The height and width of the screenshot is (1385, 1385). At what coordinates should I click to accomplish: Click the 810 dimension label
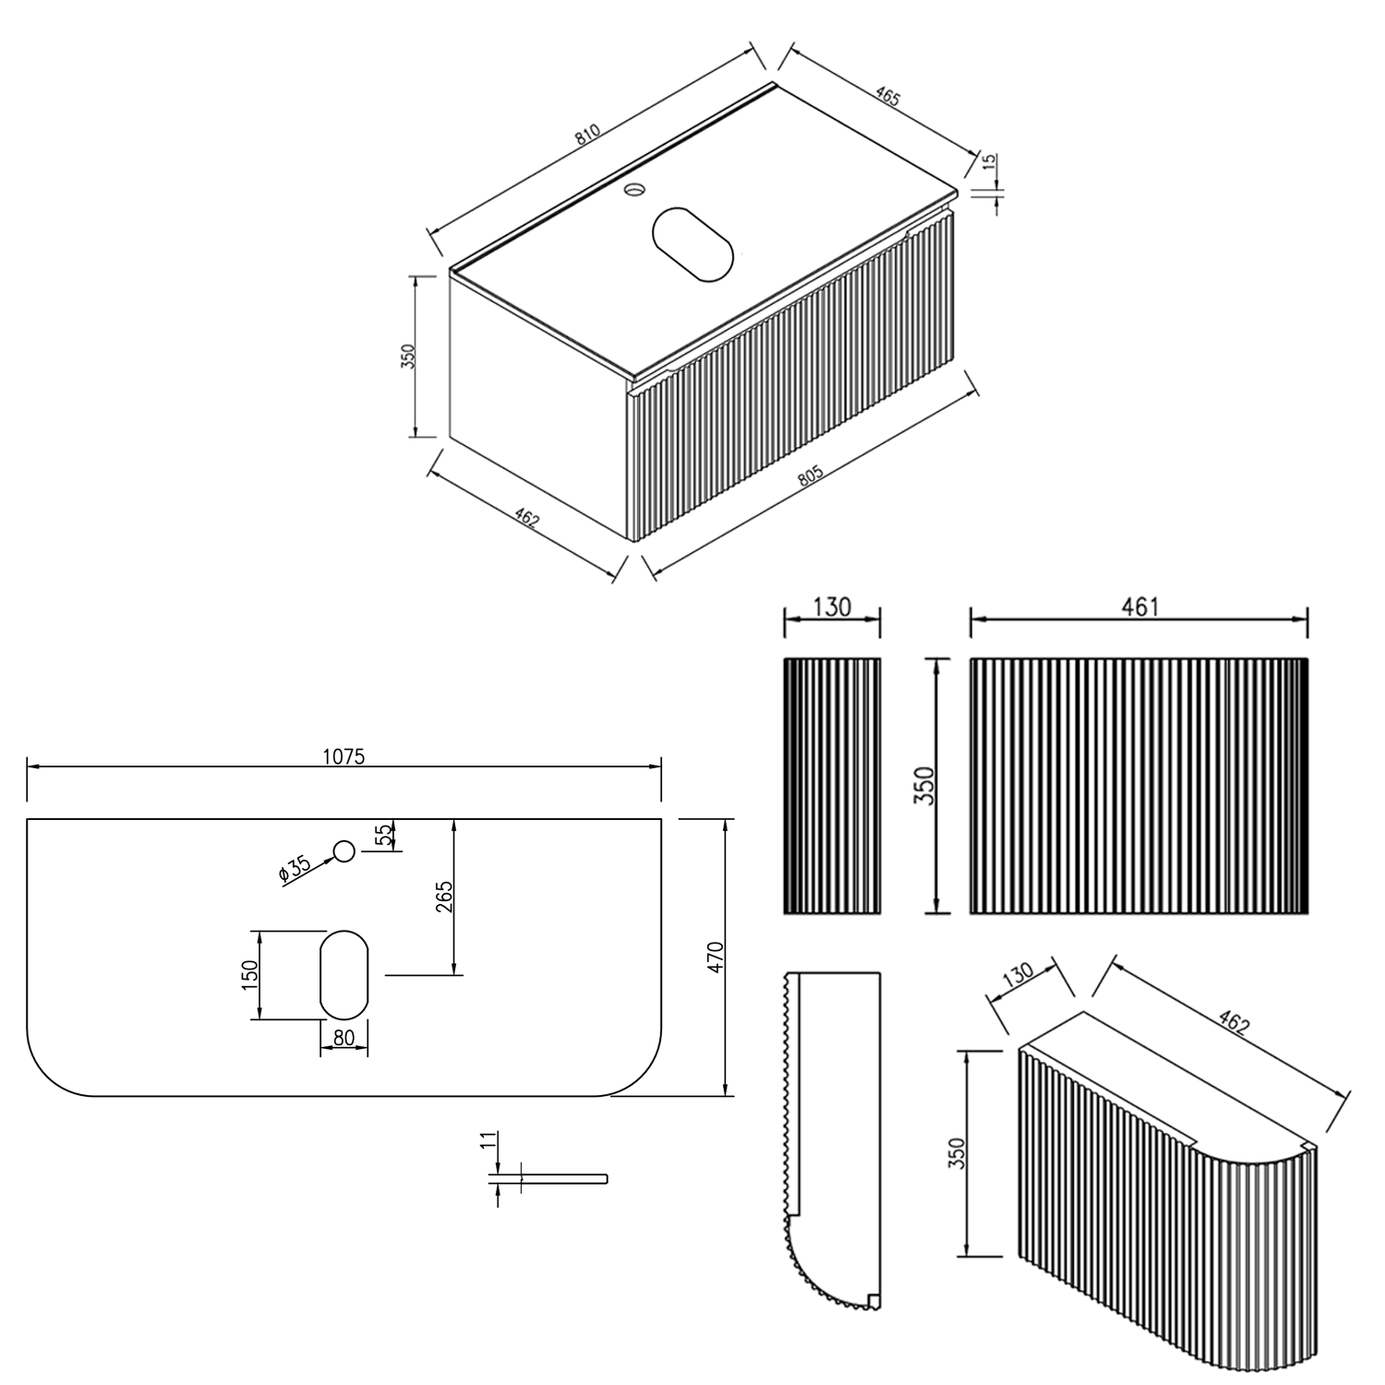coord(587,135)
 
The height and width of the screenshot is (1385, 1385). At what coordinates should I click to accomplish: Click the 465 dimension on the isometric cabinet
coord(887,97)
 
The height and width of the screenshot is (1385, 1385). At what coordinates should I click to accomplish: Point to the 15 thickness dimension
coord(989,163)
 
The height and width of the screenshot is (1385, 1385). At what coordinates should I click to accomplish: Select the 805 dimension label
coord(810,476)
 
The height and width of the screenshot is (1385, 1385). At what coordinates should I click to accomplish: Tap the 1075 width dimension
coord(344,756)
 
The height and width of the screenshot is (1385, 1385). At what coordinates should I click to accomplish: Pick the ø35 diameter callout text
coord(294,868)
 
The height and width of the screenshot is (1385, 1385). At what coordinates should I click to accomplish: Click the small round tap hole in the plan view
coord(344,851)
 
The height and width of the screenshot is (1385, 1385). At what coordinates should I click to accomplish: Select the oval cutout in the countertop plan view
coord(344,974)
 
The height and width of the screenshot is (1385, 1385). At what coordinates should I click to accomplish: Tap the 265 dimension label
coord(444,897)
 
